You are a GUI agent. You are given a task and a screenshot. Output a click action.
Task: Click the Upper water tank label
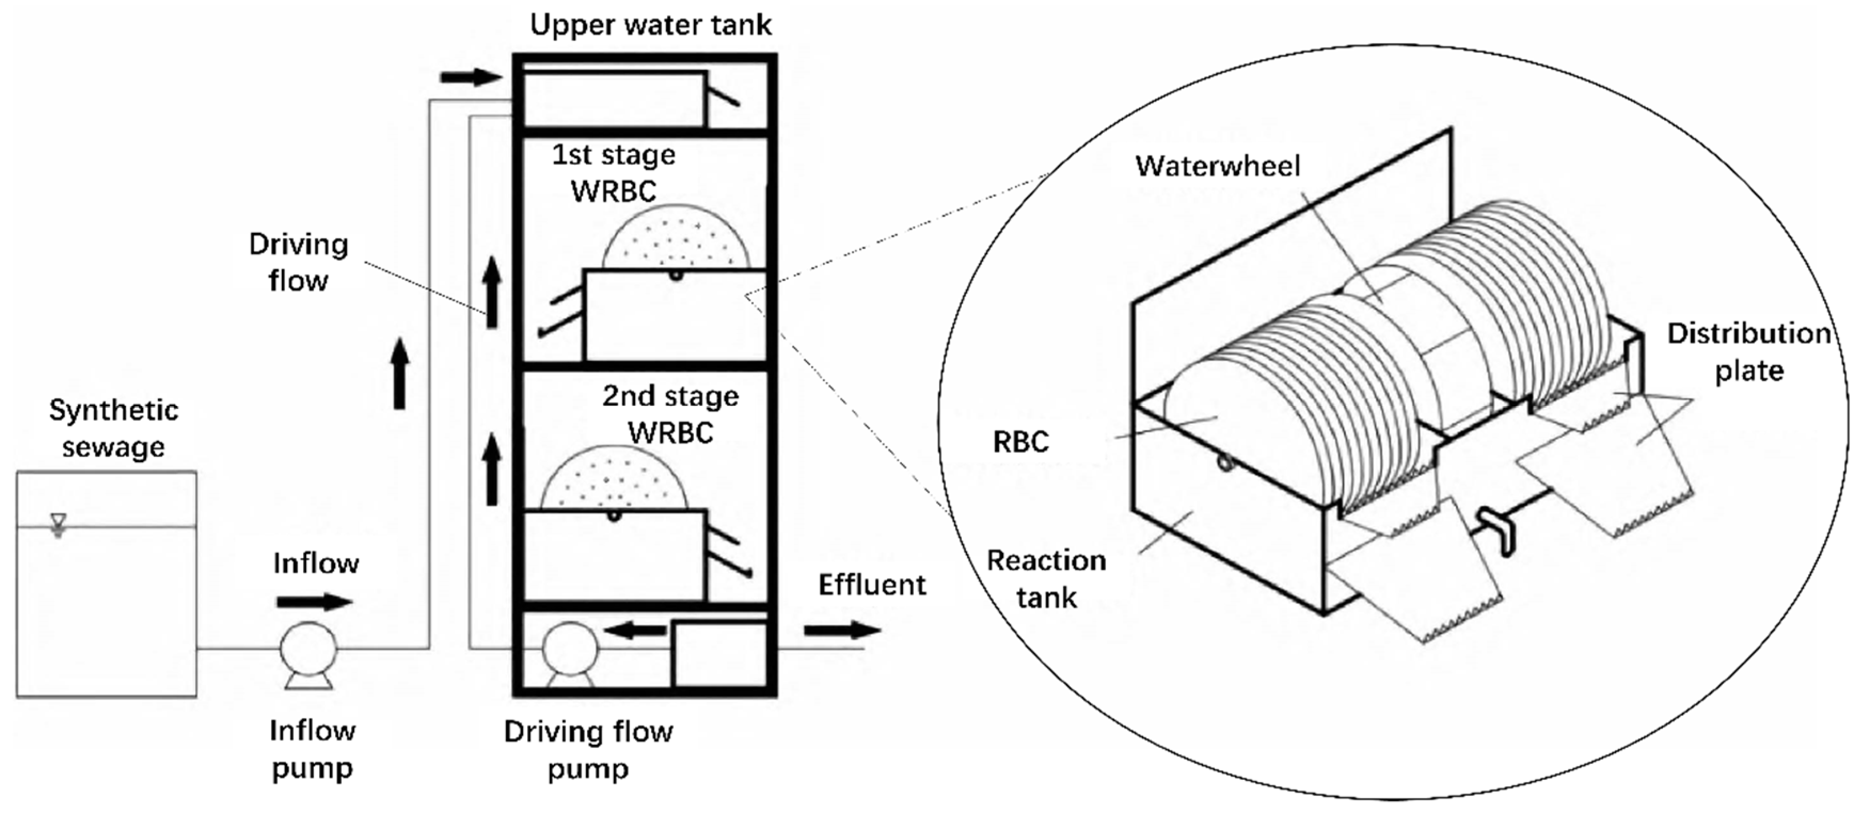click(x=650, y=25)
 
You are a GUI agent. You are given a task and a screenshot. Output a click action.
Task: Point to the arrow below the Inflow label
click(x=314, y=601)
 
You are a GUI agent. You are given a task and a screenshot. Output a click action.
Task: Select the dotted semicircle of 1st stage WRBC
click(x=675, y=237)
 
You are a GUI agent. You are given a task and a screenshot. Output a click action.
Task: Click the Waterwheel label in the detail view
click(x=1217, y=166)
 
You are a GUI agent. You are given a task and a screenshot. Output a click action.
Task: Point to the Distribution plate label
click(x=1749, y=352)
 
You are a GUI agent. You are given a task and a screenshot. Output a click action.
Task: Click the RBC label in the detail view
click(x=1020, y=441)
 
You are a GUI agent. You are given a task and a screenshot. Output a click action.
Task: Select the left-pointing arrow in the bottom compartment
click(x=635, y=630)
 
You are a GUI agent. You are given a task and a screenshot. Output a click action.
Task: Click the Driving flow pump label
click(x=588, y=750)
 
